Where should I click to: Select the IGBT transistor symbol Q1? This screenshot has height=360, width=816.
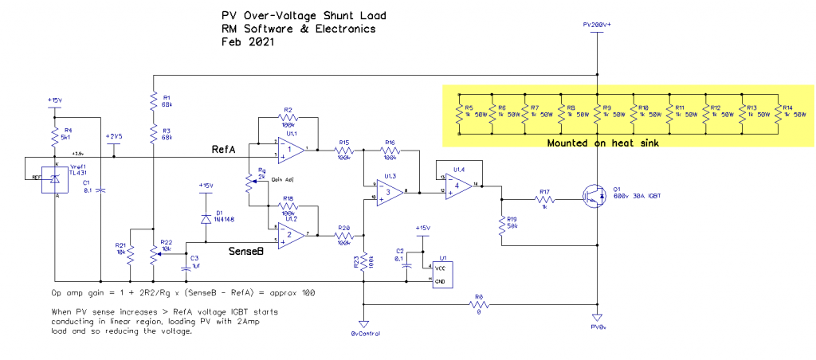pos(590,196)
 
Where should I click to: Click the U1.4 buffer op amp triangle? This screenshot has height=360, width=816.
pos(458,185)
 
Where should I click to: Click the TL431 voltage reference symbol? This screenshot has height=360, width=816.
pos(52,181)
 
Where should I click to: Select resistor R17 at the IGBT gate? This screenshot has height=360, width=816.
pos(544,198)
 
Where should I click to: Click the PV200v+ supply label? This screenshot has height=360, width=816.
pos(597,25)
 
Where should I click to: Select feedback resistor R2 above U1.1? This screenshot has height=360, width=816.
pos(288,119)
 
